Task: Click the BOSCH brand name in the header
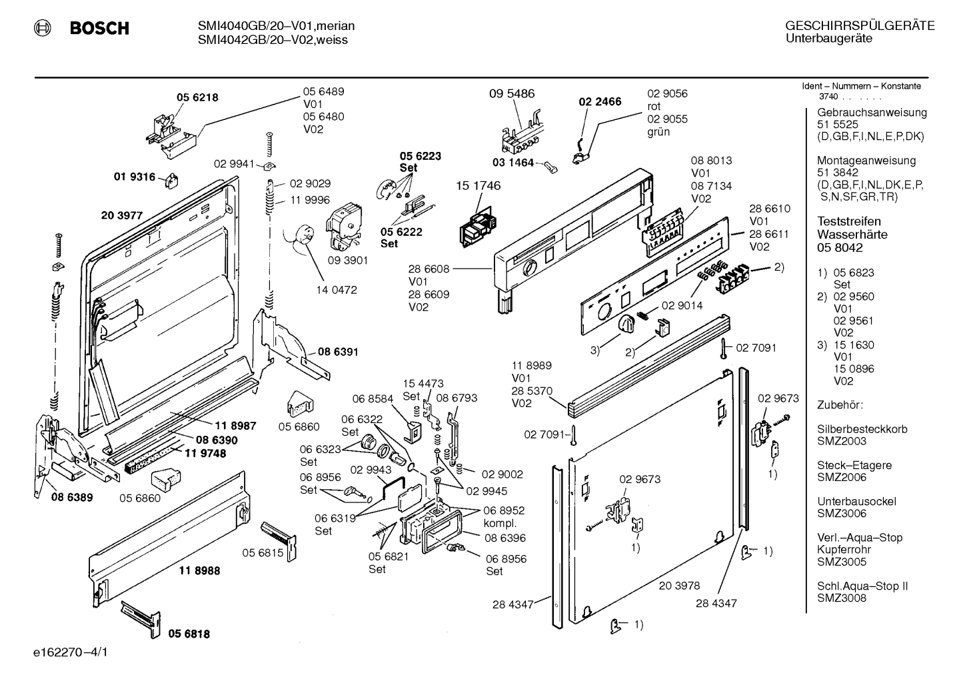coord(99,28)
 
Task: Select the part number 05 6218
coord(197,97)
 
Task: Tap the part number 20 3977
coord(121,215)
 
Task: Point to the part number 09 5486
coord(512,93)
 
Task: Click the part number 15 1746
coord(478,186)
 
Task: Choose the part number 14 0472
coord(337,290)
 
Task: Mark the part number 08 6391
coord(338,352)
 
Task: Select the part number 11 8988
coord(199,570)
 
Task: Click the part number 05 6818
coord(189,634)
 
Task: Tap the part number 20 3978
coord(679,586)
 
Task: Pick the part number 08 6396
coord(505,538)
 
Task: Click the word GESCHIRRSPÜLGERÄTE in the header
coord(860,26)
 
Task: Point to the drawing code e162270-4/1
coord(71,652)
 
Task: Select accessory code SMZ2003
coord(842,441)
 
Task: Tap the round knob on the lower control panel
coord(627,323)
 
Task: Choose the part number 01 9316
coord(134,177)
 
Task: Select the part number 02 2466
coord(600,102)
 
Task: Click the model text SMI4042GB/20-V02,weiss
coord(273,40)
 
